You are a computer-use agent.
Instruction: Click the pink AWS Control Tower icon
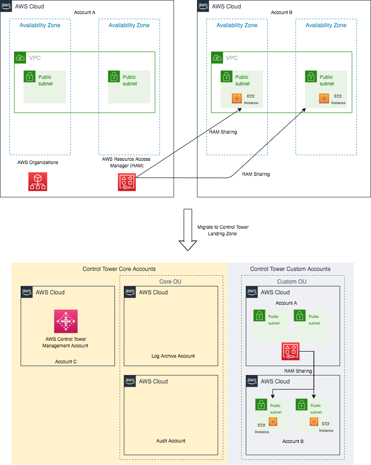tap(66, 321)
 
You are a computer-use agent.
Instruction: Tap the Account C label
tap(66, 361)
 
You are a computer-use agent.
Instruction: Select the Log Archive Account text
tap(173, 356)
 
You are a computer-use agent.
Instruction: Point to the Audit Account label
tap(171, 441)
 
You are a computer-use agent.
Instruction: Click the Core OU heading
tap(170, 282)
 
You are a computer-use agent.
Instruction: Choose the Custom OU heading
tap(292, 282)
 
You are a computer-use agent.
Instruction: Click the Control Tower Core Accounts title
tap(119, 269)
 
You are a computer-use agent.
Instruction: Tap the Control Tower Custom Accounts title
tap(290, 269)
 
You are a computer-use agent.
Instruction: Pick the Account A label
tap(286, 303)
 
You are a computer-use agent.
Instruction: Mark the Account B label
tap(293, 441)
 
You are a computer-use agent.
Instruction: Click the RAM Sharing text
tap(298, 371)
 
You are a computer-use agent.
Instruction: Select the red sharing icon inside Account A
tap(291, 352)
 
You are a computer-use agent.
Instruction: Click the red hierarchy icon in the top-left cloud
tap(38, 181)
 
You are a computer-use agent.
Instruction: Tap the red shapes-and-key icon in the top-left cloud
tap(127, 182)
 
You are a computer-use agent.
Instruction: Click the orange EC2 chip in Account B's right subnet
tap(314, 421)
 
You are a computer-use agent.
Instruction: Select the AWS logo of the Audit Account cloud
tap(130, 381)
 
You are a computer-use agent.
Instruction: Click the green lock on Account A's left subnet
tap(259, 315)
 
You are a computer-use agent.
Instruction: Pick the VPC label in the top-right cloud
tap(232, 58)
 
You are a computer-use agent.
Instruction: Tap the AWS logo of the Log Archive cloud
tap(130, 292)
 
